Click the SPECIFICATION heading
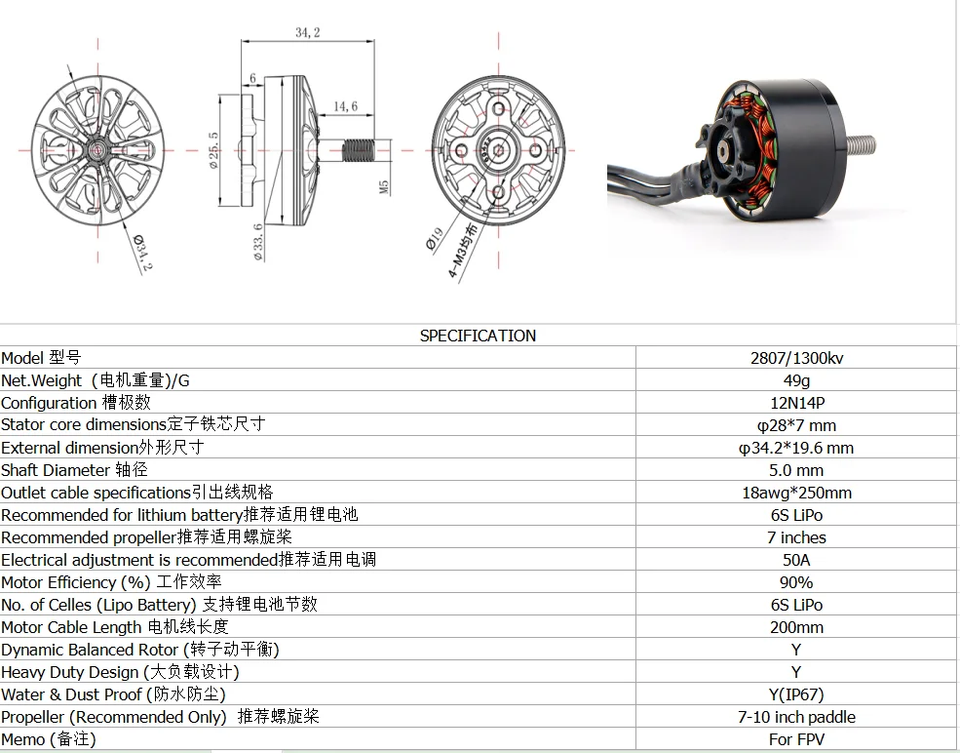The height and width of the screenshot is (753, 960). tap(478, 336)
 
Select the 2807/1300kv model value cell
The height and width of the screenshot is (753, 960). tap(796, 358)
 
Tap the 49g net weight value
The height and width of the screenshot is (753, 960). tap(796, 380)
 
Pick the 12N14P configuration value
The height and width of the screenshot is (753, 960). tap(796, 403)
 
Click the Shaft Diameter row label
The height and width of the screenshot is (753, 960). tap(74, 470)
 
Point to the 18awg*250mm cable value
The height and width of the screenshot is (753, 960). tap(796, 493)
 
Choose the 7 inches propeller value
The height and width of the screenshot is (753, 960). tap(796, 537)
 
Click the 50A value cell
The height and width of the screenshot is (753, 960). tap(796, 560)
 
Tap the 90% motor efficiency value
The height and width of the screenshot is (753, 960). tap(796, 582)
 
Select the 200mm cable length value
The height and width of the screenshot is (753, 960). tap(796, 627)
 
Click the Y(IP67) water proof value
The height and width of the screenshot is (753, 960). tap(796, 694)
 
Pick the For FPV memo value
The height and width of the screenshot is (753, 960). tap(796, 739)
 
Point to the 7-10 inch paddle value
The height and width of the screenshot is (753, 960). tap(796, 717)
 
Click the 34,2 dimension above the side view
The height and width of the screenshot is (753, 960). tap(308, 32)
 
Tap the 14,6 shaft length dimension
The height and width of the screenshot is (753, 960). tap(346, 105)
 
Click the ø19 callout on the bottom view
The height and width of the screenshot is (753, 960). tap(436, 239)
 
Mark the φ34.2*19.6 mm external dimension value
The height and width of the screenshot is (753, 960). tap(796, 448)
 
